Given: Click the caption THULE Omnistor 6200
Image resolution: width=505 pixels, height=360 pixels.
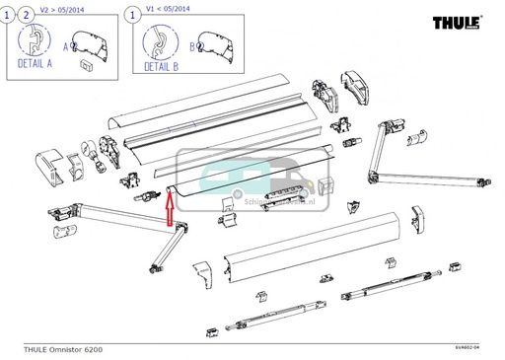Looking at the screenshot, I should pyautogui.click(x=62, y=349).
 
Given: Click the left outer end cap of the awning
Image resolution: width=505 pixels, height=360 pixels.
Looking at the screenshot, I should pyautogui.click(x=50, y=165).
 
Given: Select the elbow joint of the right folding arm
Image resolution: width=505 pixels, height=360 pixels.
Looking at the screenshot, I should pyautogui.click(x=375, y=178).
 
